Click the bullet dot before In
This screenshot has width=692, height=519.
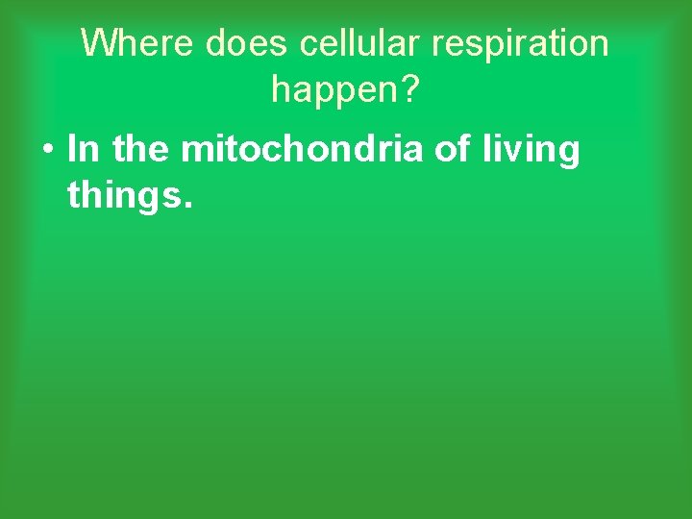pos(47,151)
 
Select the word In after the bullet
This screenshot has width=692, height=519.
pos(84,150)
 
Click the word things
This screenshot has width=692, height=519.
pos(124,199)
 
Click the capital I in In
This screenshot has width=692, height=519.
pos(72,150)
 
